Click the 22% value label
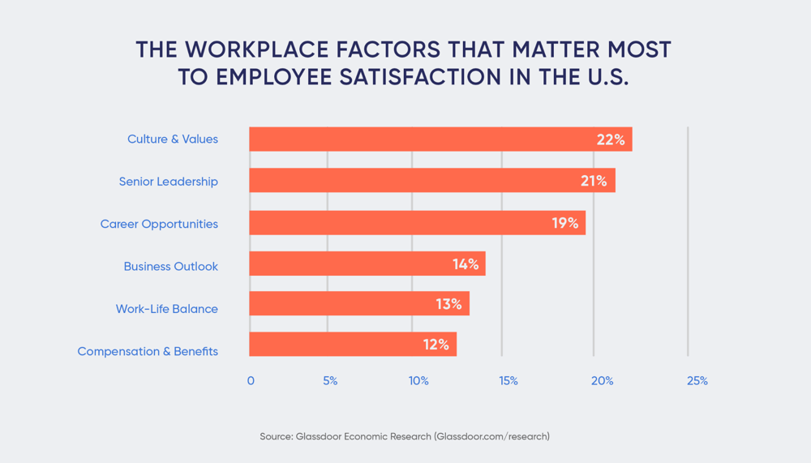(x=611, y=139)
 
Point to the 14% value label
(x=466, y=264)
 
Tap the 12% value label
(x=436, y=345)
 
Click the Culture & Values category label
(x=172, y=139)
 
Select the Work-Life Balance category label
(x=166, y=309)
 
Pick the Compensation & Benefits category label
(x=148, y=351)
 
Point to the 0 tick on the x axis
(x=251, y=381)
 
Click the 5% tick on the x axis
(x=329, y=381)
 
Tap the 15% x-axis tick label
(x=508, y=381)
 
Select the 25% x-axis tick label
(x=697, y=381)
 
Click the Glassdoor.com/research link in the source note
(x=491, y=436)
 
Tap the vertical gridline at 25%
(x=688, y=243)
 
